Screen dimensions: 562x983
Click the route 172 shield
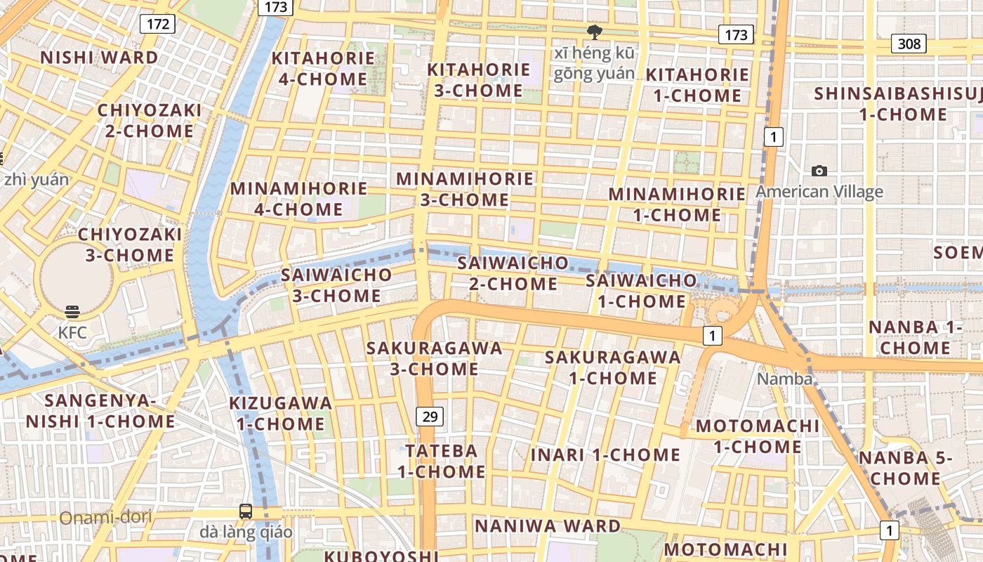[x=158, y=24]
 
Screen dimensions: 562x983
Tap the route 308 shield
[x=909, y=44]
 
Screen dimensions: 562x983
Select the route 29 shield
[x=430, y=417]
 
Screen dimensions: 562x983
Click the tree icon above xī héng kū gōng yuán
[x=594, y=32]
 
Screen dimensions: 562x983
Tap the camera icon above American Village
[x=819, y=171]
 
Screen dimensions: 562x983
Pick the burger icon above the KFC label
[x=72, y=311]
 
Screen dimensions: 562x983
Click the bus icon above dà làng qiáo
[x=246, y=511]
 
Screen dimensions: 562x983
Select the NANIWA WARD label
[x=548, y=525]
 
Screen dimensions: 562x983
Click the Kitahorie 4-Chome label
[x=323, y=68]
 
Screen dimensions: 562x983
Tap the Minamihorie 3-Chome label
[x=465, y=189]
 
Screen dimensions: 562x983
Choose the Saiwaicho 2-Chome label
[x=513, y=273]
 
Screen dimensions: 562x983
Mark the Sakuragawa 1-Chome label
[x=613, y=367]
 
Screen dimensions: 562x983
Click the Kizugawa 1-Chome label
[x=281, y=413]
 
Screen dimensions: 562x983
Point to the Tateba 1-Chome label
[x=442, y=461]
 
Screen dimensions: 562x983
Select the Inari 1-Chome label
[x=605, y=455]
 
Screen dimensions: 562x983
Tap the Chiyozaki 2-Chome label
[x=150, y=120]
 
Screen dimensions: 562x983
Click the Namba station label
[x=784, y=379]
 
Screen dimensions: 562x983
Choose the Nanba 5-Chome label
[x=899, y=468]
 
